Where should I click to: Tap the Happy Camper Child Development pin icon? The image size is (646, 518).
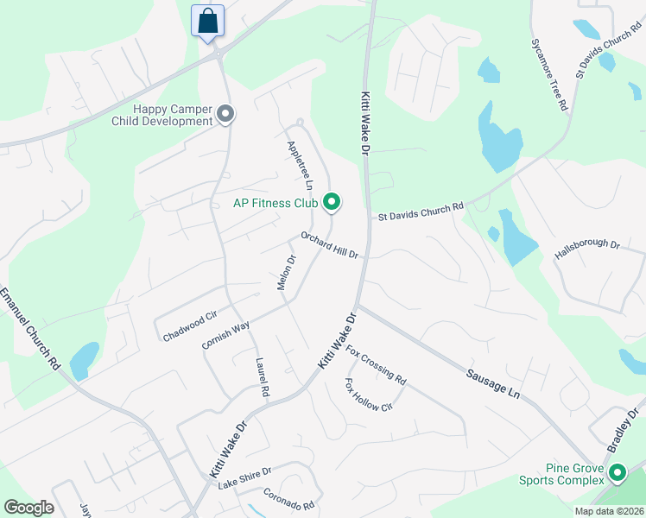point(226,114)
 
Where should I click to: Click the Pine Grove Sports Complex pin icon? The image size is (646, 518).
point(617,473)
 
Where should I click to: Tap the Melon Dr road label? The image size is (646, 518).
point(287,272)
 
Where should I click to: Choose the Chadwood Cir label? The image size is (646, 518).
point(189,327)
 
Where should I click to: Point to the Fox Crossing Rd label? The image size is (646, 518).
point(376,364)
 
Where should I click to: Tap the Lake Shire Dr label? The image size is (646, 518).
point(244,477)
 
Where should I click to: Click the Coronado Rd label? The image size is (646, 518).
point(290,501)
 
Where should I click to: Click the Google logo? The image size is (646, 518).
point(28,508)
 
